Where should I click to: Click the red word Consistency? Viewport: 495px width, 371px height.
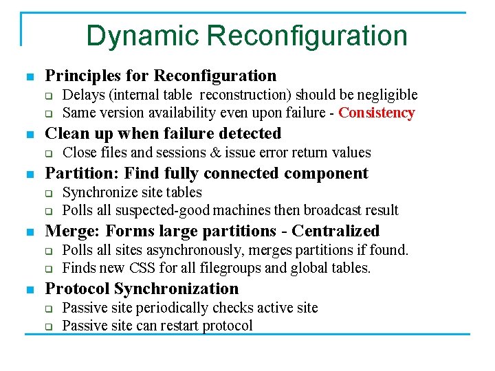click(377, 113)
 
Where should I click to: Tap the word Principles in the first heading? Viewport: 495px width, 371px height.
click(77, 76)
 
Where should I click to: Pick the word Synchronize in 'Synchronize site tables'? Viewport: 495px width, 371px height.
click(98, 192)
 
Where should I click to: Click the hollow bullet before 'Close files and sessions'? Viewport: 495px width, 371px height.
click(49, 153)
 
